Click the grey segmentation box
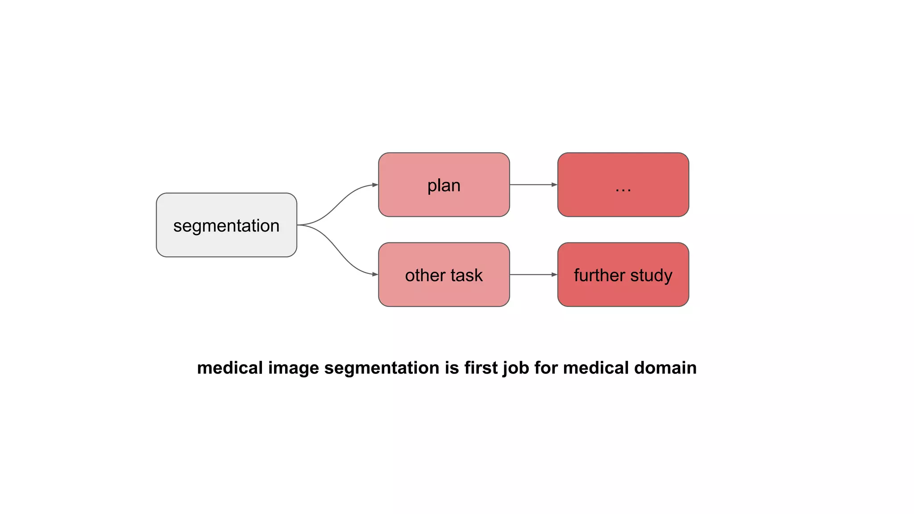click(x=226, y=225)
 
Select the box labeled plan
click(x=444, y=185)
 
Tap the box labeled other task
click(x=444, y=275)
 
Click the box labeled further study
click(x=623, y=275)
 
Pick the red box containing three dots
click(x=623, y=185)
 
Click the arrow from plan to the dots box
click(x=533, y=185)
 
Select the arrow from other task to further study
click(x=533, y=275)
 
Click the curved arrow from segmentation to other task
click(x=338, y=250)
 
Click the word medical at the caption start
click(x=230, y=368)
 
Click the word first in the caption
click(x=481, y=368)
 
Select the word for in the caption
click(x=546, y=368)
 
